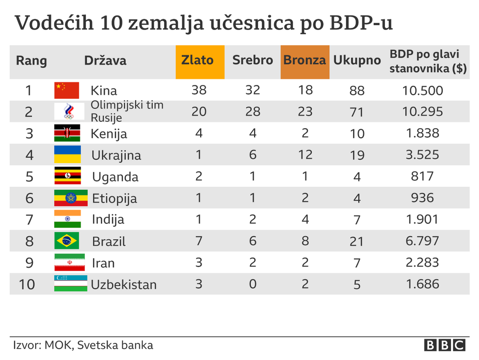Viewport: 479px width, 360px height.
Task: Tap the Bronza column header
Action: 305,61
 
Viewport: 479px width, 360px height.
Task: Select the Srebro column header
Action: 253,61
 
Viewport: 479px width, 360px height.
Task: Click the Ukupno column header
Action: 357,61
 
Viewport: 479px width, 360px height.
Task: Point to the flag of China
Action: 67,90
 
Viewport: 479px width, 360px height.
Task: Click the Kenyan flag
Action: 67,133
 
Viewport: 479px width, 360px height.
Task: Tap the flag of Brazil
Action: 67,241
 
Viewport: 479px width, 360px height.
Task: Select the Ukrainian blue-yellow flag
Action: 67,155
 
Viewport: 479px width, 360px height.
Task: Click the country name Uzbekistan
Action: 124,285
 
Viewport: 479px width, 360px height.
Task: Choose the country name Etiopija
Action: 115,198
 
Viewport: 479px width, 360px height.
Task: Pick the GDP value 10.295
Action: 422,112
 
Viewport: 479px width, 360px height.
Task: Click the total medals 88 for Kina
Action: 357,91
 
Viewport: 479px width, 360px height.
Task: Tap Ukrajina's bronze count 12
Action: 305,155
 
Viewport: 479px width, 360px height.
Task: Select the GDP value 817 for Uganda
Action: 422,176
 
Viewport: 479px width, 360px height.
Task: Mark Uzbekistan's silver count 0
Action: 253,284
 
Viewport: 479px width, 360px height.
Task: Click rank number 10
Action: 27,284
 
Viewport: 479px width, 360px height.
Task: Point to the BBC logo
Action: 445,345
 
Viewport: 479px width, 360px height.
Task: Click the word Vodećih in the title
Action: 54,23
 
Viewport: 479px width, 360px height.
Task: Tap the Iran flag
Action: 70,262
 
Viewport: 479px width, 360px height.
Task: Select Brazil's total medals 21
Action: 357,241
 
